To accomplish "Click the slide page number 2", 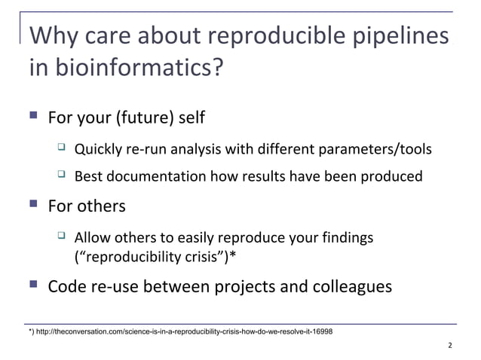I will pyautogui.click(x=449, y=346).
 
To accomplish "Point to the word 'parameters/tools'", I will pyautogui.click(x=382, y=149).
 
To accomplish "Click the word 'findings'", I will pyautogui.click(x=346, y=238).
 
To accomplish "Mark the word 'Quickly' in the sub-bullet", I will pyautogui.click(x=98, y=149).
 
